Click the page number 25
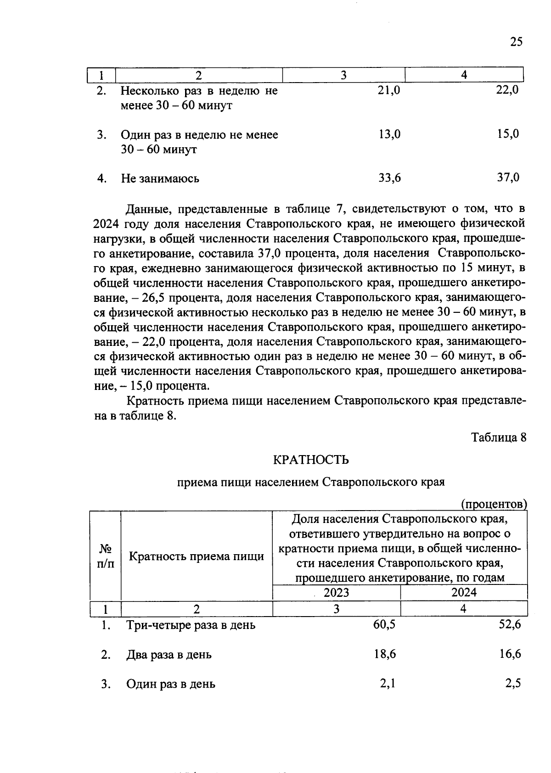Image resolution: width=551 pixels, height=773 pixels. (x=516, y=42)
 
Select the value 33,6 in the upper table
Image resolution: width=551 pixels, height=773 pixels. (x=389, y=178)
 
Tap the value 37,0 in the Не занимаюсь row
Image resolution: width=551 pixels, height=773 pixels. (x=508, y=178)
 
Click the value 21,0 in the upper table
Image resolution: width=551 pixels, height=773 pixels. (x=389, y=90)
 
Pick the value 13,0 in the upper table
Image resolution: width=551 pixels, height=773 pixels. (x=389, y=134)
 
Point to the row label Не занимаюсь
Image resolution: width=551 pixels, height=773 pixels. (x=160, y=178)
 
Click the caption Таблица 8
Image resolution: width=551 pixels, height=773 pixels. (x=499, y=437)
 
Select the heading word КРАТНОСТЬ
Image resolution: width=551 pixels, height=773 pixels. (x=311, y=459)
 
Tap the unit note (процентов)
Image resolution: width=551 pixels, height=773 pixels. (x=494, y=504)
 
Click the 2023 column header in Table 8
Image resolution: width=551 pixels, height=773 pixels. (x=336, y=592)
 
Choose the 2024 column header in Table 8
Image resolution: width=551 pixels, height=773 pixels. (x=464, y=592)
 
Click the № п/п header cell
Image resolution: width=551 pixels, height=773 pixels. (x=105, y=556)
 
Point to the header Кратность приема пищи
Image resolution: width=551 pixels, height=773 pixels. (x=197, y=556)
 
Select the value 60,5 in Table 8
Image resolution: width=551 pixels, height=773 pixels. (x=385, y=625)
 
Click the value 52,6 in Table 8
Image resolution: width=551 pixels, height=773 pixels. (x=510, y=625)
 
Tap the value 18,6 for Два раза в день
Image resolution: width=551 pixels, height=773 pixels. (x=385, y=654)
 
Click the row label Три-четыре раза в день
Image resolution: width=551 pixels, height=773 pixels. (x=191, y=625)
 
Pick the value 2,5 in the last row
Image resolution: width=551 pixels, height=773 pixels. (x=513, y=684)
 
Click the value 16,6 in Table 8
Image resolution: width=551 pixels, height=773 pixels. (x=510, y=654)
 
